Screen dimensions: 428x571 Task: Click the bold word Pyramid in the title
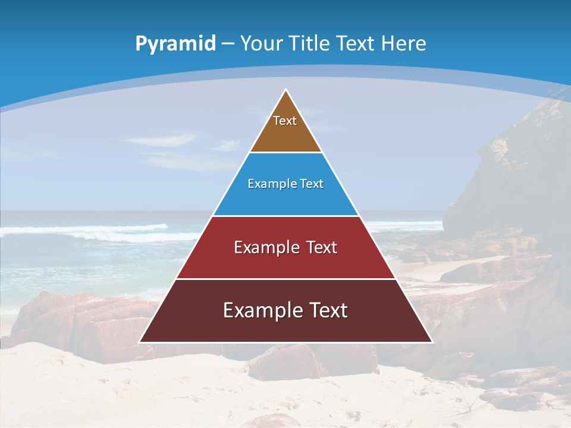click(x=175, y=43)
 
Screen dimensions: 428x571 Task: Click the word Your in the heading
click(x=262, y=43)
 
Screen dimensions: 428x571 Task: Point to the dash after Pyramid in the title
click(x=228, y=44)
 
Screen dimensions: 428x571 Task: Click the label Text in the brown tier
click(x=285, y=121)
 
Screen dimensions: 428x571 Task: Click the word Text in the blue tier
click(x=312, y=184)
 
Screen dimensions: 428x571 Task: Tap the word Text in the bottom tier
click(x=327, y=310)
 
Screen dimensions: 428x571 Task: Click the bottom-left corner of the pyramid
click(x=140, y=342)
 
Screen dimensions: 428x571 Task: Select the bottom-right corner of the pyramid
click(x=432, y=342)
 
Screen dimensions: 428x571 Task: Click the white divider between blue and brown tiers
click(x=285, y=153)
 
